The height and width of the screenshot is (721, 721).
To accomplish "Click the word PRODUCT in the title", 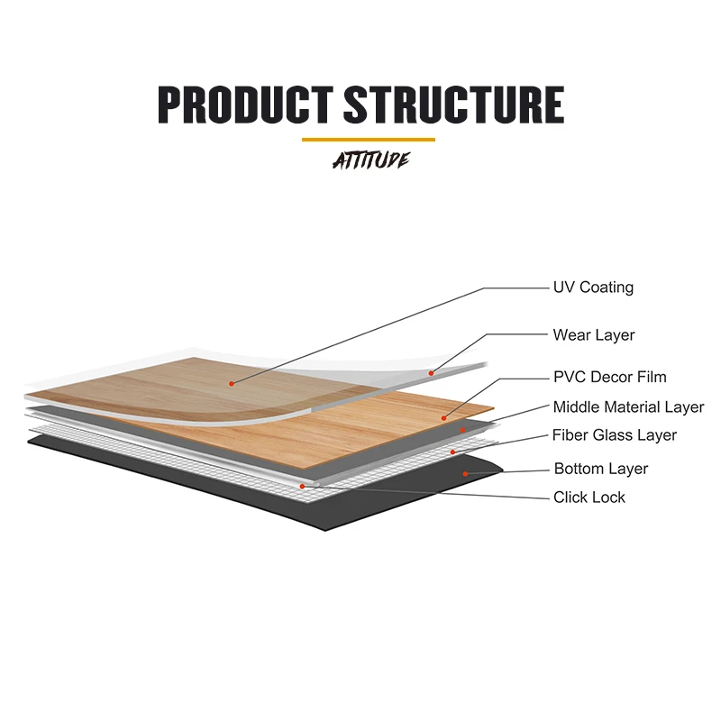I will tap(246, 105).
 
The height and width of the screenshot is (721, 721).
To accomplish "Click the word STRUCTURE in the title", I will tap(453, 105).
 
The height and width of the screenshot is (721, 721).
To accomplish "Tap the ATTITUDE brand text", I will tap(370, 160).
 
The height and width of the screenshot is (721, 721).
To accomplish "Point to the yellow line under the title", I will tap(368, 140).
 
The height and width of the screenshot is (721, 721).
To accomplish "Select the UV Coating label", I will tap(593, 287).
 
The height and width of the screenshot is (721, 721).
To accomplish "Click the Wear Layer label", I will tap(594, 335).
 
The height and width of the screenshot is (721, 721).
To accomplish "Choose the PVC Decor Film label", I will tap(610, 378).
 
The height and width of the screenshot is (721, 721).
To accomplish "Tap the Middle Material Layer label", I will tap(628, 407).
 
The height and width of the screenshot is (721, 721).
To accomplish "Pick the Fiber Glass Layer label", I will tap(615, 436).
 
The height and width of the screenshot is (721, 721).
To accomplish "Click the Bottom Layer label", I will tap(601, 469).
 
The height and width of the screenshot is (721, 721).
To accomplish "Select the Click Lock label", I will tap(589, 497).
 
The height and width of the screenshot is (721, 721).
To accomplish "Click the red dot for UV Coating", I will tap(232, 383).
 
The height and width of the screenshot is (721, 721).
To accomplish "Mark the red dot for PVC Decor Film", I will tap(444, 417).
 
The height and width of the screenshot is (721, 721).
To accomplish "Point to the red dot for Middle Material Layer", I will tap(462, 431).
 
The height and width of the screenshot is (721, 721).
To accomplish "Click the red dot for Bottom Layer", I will tap(464, 472).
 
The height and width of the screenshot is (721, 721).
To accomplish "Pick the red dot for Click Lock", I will tap(302, 486).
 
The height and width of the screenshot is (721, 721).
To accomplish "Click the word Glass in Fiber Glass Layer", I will tap(613, 436).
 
